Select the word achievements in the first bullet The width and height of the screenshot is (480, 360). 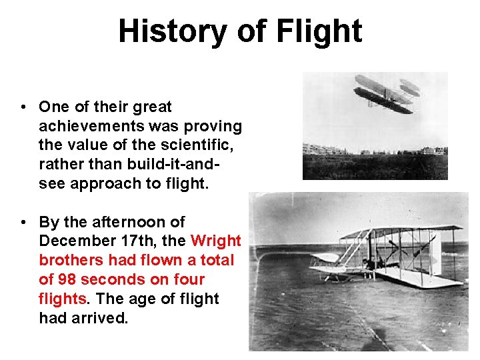pyautogui.click(x=87, y=126)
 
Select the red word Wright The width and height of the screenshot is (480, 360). pyautogui.click(x=216, y=241)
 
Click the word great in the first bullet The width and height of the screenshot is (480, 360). pyautogui.click(x=153, y=107)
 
